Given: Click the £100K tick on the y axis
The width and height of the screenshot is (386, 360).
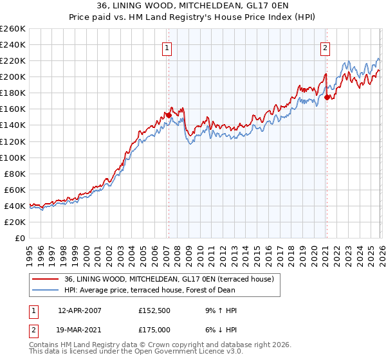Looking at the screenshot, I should click(x=12, y=157).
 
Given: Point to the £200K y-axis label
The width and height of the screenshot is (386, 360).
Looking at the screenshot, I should click(x=12, y=76).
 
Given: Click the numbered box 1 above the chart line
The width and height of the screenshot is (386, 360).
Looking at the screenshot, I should click(x=167, y=47).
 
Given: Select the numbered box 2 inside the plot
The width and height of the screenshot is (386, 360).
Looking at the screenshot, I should click(x=326, y=47).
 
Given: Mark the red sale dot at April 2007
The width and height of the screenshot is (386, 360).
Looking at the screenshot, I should click(x=169, y=115).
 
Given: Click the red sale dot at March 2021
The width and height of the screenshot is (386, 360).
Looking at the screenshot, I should click(x=327, y=97).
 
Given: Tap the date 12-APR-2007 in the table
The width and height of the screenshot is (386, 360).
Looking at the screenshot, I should click(x=79, y=310).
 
